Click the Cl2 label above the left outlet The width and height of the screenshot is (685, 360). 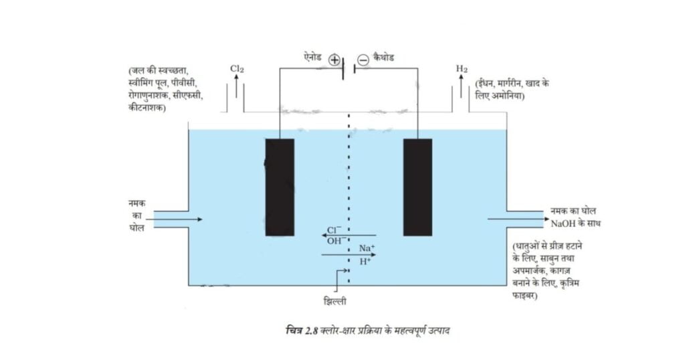[x=236, y=69]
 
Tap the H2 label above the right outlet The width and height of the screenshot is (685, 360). [x=462, y=69]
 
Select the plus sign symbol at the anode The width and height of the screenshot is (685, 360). [x=334, y=60]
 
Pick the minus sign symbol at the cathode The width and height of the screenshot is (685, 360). [x=363, y=60]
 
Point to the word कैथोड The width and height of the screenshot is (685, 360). [x=383, y=58]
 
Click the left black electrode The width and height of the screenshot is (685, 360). [x=280, y=187]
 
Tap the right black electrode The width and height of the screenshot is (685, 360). [x=417, y=187]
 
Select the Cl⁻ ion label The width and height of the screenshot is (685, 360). [x=334, y=230]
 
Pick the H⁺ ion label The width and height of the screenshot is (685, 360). [x=365, y=262]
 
